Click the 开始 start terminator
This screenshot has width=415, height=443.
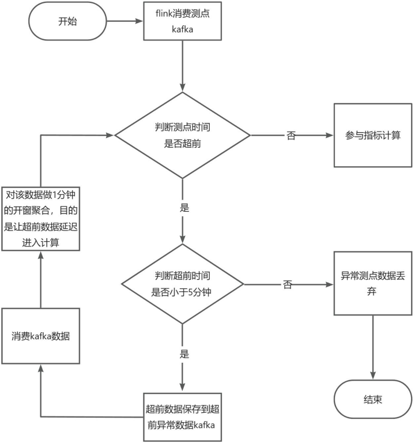point(67,21)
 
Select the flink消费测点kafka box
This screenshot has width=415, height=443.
point(182,21)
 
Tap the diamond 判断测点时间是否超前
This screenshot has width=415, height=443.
point(182,136)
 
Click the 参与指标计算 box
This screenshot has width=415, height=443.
point(373,136)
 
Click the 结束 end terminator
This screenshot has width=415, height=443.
point(373,399)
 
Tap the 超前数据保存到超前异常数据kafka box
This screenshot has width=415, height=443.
point(182,417)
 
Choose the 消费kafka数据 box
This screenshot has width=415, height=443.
point(40,336)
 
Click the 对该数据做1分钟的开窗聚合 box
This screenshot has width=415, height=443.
point(40,218)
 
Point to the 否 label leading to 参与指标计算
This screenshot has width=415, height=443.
point(291,136)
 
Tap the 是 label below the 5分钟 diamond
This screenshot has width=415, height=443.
point(184,354)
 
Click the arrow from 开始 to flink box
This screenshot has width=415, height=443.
point(124,21)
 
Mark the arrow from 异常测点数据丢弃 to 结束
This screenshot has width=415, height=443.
point(373,346)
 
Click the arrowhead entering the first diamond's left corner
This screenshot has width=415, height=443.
point(110,136)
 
